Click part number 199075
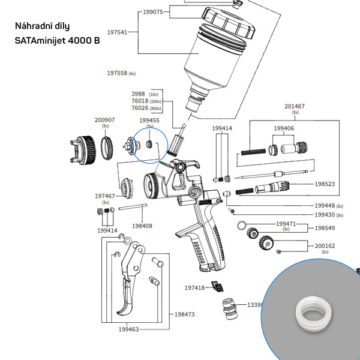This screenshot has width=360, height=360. click(153, 11)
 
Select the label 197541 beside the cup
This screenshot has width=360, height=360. click(117, 32)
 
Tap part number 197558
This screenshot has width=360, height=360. click(117, 73)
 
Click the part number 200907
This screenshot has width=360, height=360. click(105, 120)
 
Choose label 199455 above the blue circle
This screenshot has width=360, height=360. click(149, 120)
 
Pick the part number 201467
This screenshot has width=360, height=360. click(295, 106)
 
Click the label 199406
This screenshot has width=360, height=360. click(284, 128)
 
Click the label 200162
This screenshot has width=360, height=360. click(325, 246)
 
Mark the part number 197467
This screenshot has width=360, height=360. click(105, 196)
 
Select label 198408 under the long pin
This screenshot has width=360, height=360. click(142, 226)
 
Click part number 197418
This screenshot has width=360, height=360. click(194, 288)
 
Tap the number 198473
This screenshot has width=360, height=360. click(184, 314)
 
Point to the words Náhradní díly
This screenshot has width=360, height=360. click(42, 27)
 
